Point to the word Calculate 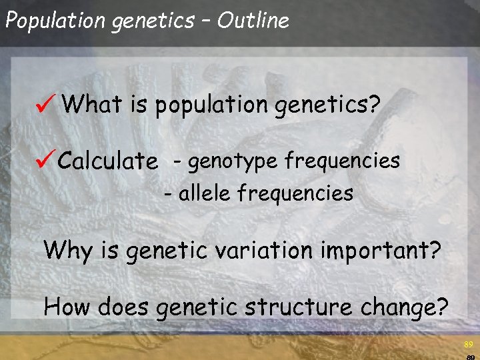click(108, 161)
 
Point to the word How click(67, 307)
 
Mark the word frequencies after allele click(295, 194)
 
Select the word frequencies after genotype click(342, 161)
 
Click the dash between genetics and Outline click(205, 21)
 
